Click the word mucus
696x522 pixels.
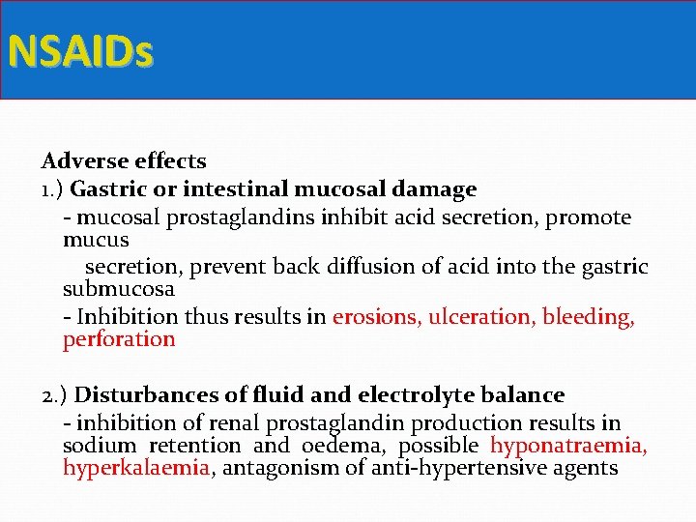click(x=96, y=239)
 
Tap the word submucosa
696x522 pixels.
click(x=118, y=289)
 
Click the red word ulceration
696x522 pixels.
click(x=480, y=317)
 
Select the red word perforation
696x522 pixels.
click(x=119, y=339)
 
